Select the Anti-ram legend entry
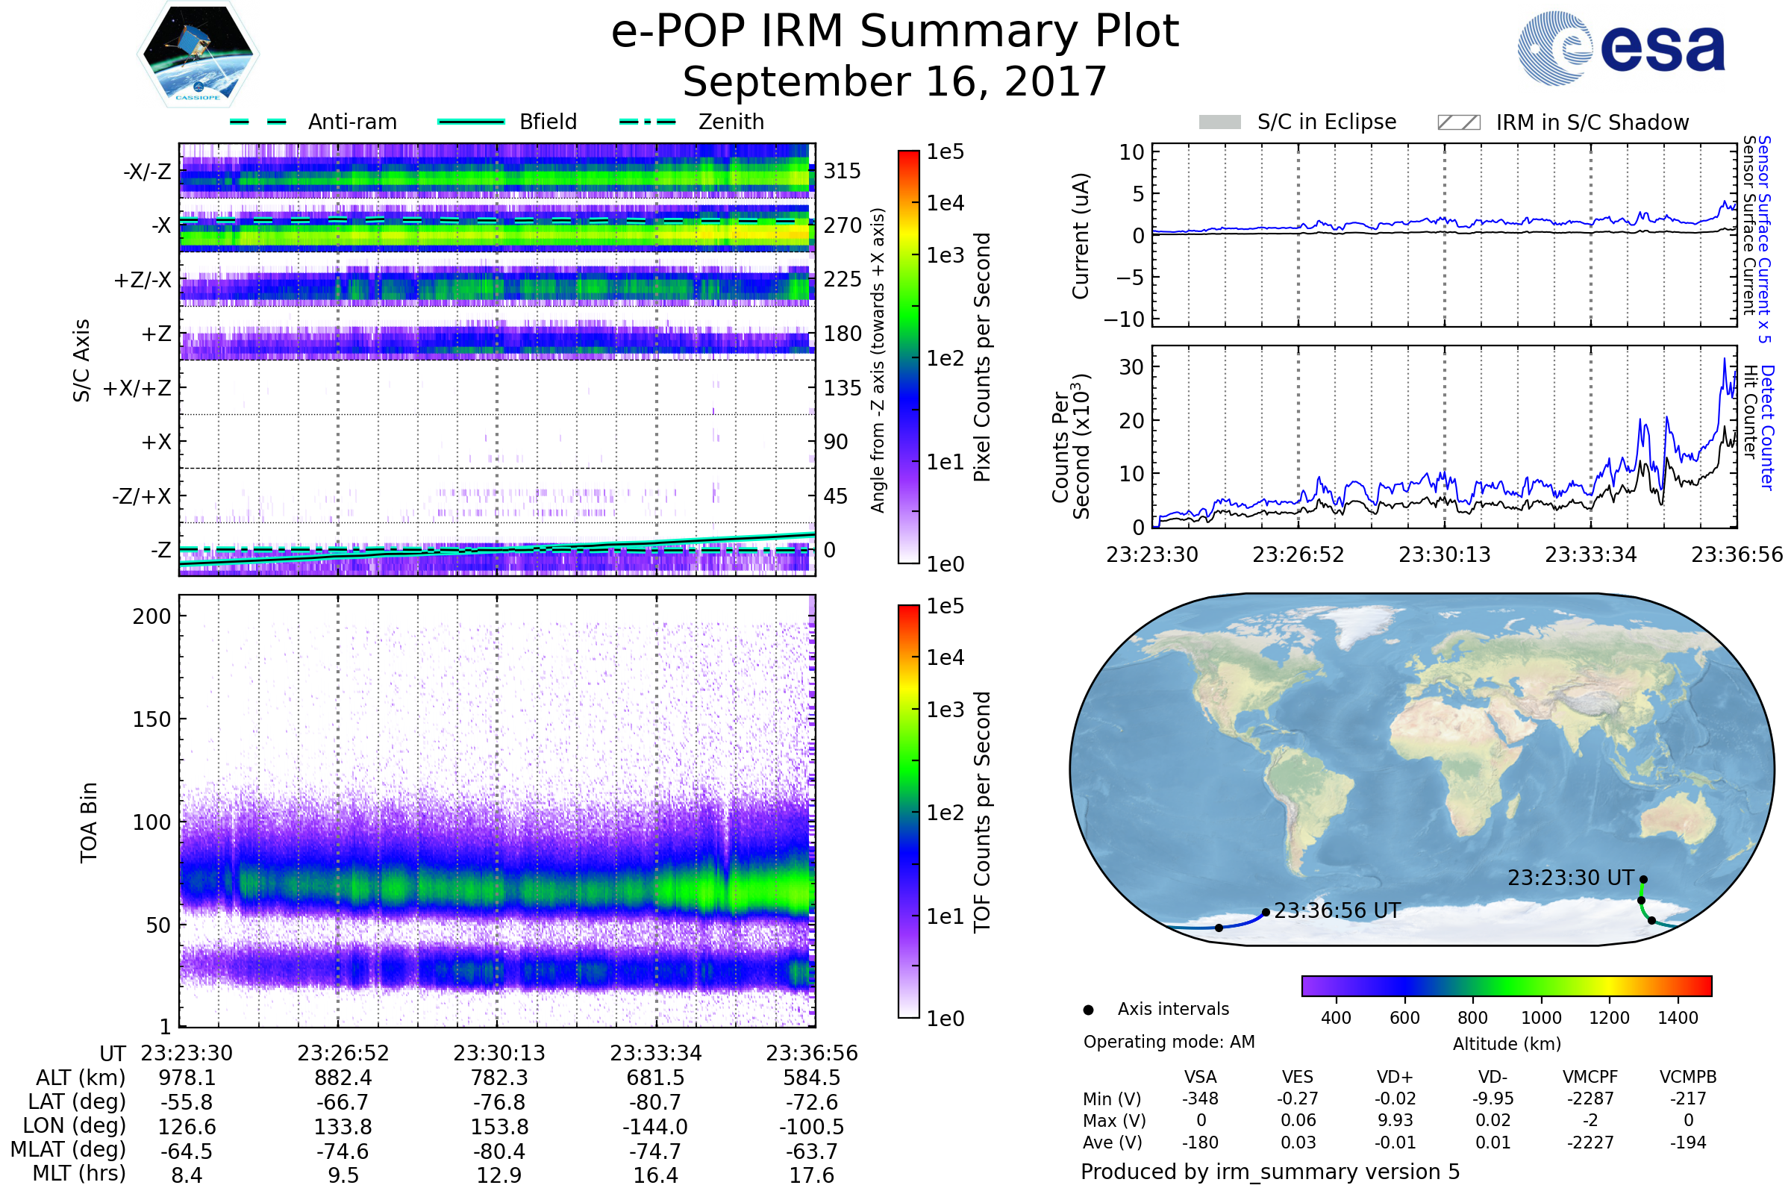tap(351, 122)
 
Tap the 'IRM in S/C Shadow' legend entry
tap(1592, 122)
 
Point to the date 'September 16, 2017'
tap(895, 82)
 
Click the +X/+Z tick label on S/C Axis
tap(137, 388)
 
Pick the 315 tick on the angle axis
tap(843, 171)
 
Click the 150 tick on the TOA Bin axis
tap(151, 719)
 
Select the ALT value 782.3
tap(499, 1078)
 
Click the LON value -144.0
tap(655, 1127)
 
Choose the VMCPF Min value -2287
tap(1590, 1098)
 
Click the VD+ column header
tap(1395, 1077)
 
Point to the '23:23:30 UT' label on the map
tap(1571, 878)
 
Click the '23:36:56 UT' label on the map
tap(1337, 910)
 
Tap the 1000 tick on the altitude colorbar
tap(1541, 1018)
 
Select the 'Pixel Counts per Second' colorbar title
tap(982, 357)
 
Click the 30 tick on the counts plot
tap(1131, 367)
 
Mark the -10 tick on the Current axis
tap(1125, 319)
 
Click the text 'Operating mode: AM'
tap(1169, 1042)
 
